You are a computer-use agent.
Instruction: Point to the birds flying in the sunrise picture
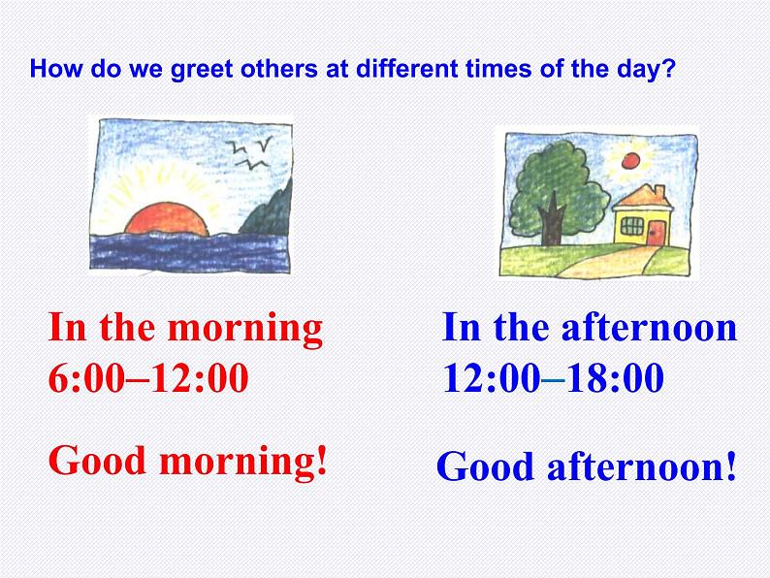coord(248,153)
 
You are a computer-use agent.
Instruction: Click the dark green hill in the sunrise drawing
coord(266,211)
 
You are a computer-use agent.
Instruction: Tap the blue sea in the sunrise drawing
coord(184,251)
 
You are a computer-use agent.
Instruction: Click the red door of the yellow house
coord(658,233)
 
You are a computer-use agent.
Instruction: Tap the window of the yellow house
coord(631,227)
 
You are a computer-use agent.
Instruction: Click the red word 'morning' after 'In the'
coord(245,328)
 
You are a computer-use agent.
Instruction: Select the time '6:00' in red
coord(86,378)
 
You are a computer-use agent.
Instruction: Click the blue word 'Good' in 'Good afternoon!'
coord(485,467)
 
